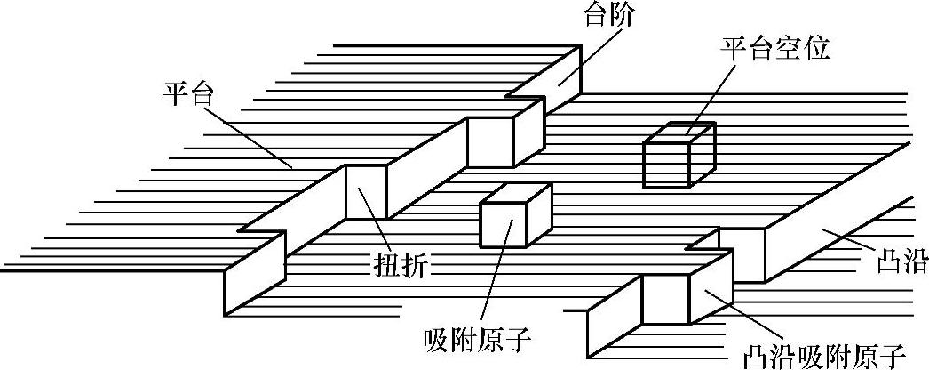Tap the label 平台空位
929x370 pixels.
[774, 50]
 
